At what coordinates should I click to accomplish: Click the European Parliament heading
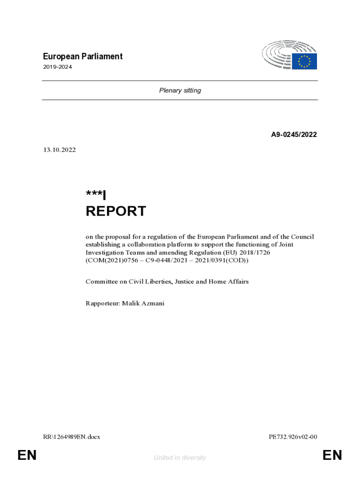pos(83,57)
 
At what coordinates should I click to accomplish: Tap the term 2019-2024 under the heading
pos(58,67)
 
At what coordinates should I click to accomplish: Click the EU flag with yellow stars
pos(304,61)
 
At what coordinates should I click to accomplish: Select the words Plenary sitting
pos(180,90)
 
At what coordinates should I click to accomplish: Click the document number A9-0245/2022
pos(294,135)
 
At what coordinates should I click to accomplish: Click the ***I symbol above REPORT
pos(96,195)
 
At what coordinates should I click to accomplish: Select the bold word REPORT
pos(115,211)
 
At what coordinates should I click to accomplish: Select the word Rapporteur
pos(102,304)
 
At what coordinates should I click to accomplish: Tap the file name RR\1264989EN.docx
pos(72,437)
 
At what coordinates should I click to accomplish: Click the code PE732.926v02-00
pos(293,437)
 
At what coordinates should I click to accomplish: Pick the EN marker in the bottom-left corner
pos(27,455)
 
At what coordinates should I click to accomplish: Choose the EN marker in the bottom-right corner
pos(332,455)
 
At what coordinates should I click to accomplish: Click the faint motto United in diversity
pos(180,457)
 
